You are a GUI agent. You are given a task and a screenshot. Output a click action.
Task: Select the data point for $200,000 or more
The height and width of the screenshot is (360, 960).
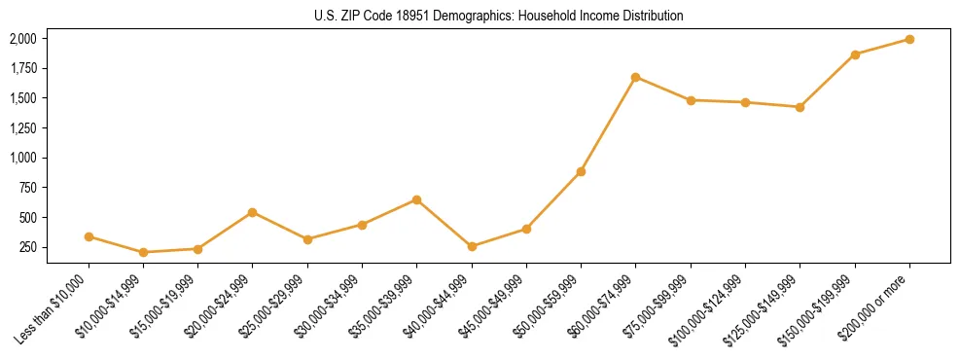pyautogui.click(x=909, y=39)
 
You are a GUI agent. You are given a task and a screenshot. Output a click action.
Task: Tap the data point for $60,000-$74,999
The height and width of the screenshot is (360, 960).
pyautogui.click(x=635, y=77)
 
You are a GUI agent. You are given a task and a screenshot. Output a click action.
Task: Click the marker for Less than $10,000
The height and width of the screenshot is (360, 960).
pyautogui.click(x=89, y=236)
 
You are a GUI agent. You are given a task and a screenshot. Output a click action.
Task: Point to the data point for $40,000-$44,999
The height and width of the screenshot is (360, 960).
pyautogui.click(x=472, y=246)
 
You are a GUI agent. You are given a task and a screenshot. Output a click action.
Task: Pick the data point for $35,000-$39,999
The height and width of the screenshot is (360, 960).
pyautogui.click(x=416, y=199)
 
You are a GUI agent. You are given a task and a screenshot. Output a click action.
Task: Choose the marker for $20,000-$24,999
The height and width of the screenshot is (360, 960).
pyautogui.click(x=253, y=212)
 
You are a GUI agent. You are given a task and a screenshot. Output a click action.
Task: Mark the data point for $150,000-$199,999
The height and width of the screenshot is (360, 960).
pyautogui.click(x=855, y=54)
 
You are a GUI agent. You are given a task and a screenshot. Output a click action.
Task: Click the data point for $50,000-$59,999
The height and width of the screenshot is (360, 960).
pyautogui.click(x=581, y=171)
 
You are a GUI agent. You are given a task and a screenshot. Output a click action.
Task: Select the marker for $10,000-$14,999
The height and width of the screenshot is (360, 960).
pyautogui.click(x=143, y=252)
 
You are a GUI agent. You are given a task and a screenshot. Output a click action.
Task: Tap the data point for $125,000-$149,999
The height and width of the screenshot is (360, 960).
pyautogui.click(x=800, y=107)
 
